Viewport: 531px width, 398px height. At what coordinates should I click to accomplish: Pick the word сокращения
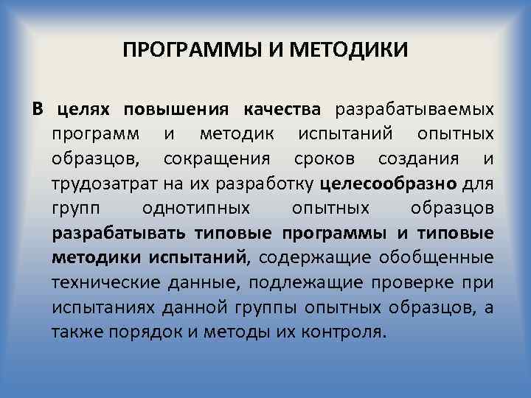208,159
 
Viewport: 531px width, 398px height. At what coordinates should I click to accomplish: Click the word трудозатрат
97,184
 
